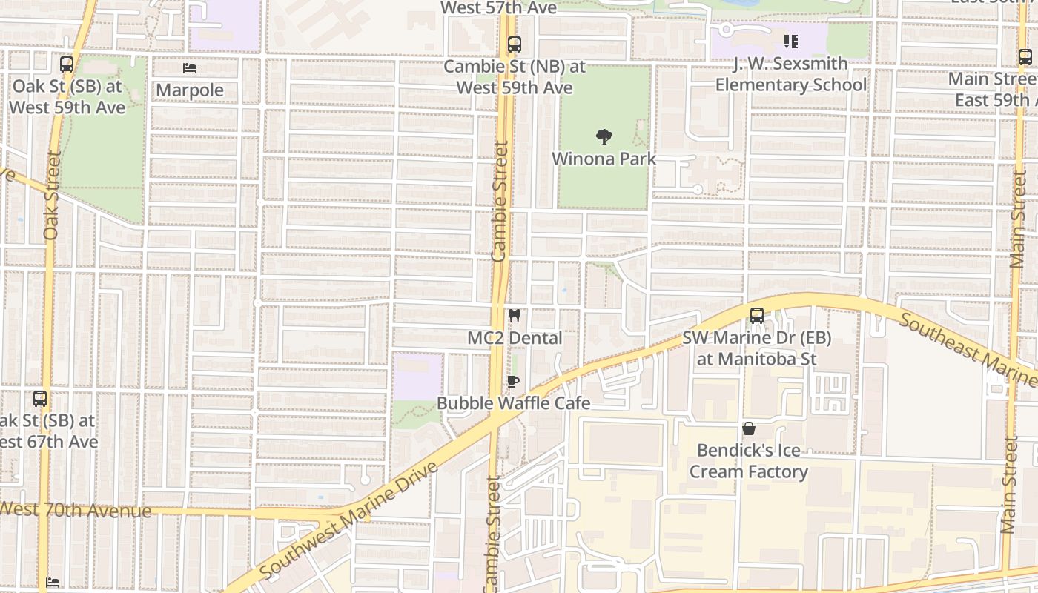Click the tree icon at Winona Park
(x=604, y=136)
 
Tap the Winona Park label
(x=604, y=159)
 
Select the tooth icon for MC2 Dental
(x=514, y=316)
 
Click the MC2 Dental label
(x=515, y=338)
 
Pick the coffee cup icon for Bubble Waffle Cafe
(x=512, y=382)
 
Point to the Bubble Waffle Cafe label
(x=513, y=403)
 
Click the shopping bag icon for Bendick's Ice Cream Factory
(x=749, y=428)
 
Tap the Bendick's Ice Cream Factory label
(x=749, y=461)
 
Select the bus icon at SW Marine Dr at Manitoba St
(x=756, y=316)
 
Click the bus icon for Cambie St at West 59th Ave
(x=515, y=44)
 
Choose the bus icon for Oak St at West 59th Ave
(x=67, y=64)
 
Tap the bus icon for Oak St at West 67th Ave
(x=40, y=399)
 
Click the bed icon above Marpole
(x=190, y=68)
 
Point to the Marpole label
(x=190, y=90)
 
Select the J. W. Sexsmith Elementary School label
(x=790, y=74)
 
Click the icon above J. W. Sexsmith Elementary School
(x=791, y=42)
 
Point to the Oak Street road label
(x=50, y=196)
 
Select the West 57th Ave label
(x=498, y=8)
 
